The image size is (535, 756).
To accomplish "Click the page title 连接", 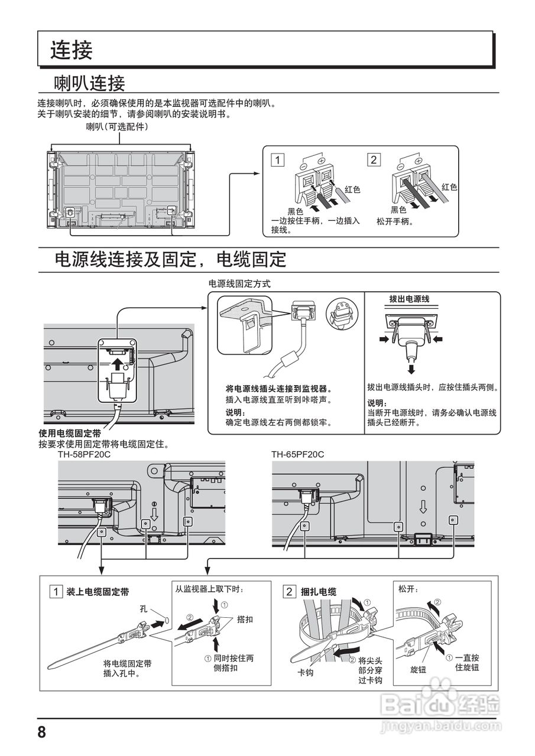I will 72,50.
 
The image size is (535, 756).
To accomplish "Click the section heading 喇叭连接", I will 89,82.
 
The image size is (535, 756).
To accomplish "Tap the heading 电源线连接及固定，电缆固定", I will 170,259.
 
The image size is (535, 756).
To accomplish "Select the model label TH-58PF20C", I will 84,454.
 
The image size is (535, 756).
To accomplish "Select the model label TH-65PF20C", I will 298,454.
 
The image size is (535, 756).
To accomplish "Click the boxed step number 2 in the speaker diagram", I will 373,159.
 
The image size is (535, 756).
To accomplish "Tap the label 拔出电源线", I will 408,299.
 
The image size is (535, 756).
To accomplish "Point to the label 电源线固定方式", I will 239,283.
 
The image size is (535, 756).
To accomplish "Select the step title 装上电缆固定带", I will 98,591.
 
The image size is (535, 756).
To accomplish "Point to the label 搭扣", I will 245,620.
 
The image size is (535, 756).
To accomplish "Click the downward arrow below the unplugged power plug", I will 410,369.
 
